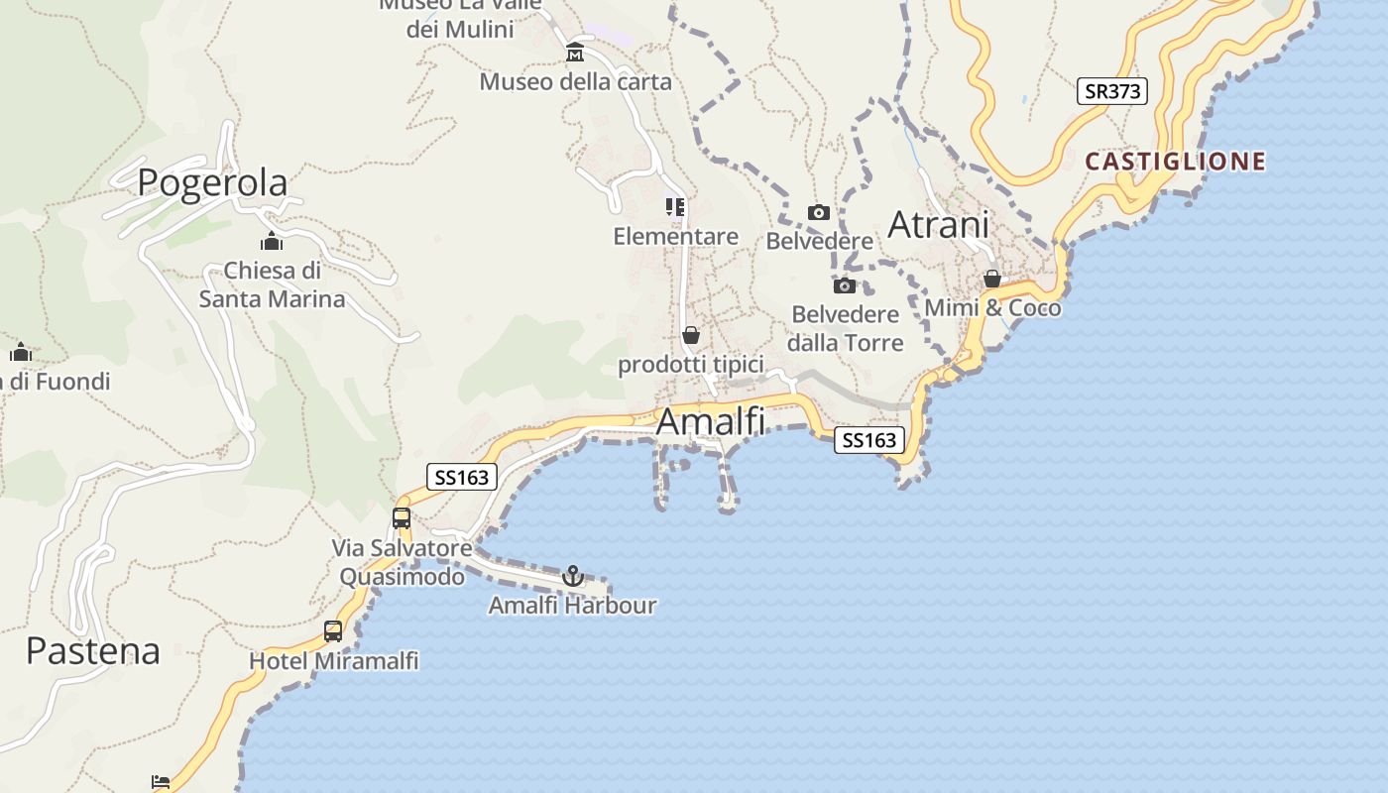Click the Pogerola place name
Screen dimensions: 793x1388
212,182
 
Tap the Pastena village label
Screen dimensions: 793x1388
93,651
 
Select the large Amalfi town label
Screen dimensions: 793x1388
711,422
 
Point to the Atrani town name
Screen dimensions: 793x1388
938,225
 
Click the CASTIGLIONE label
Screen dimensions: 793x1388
1175,161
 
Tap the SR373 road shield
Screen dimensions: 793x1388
1111,91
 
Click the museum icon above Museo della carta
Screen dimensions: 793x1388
575,52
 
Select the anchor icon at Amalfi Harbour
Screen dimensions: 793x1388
572,576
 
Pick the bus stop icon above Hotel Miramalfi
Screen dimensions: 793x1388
333,631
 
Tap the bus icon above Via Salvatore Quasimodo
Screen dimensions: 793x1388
402,517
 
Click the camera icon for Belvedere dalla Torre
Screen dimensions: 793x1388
845,285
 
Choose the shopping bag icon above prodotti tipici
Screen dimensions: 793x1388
691,335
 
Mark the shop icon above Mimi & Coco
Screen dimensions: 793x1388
992,279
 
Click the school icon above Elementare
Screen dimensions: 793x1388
675,207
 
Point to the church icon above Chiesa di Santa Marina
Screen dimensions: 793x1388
272,241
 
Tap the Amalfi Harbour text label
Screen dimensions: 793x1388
572,605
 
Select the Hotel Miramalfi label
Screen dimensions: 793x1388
333,660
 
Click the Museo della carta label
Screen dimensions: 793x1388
575,81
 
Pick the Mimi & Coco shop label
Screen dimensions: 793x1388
992,308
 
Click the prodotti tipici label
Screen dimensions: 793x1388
691,365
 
